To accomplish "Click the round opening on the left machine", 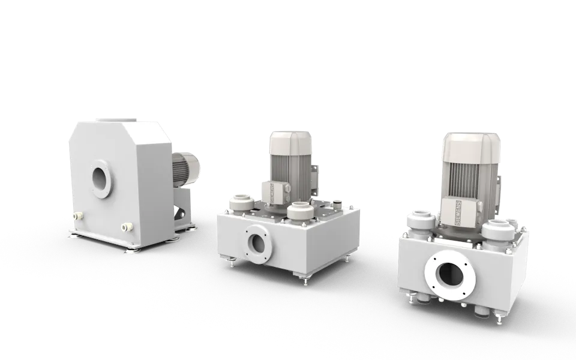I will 101,179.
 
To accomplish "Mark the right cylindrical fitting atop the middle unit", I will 299,211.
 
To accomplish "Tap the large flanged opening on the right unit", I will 450,275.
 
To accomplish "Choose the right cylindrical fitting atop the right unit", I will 498,231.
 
